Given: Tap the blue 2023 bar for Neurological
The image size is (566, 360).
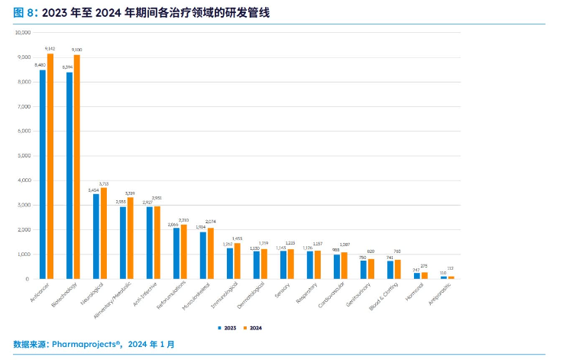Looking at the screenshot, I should click(x=96, y=236).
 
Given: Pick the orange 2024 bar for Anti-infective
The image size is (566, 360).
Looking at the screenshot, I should click(x=157, y=242).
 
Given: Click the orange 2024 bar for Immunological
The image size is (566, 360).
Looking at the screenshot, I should click(x=237, y=261).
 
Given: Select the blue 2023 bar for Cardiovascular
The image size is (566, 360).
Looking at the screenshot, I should click(x=337, y=266).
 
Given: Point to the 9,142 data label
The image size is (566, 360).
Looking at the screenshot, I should click(x=50, y=48).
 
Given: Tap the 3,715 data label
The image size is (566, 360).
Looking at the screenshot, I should click(x=104, y=183).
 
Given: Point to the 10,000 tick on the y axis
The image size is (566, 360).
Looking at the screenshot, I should click(x=23, y=33).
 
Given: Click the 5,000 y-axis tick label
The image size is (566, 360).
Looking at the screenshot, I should click(x=24, y=156).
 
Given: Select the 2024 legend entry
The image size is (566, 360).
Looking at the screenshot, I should click(x=253, y=327).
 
